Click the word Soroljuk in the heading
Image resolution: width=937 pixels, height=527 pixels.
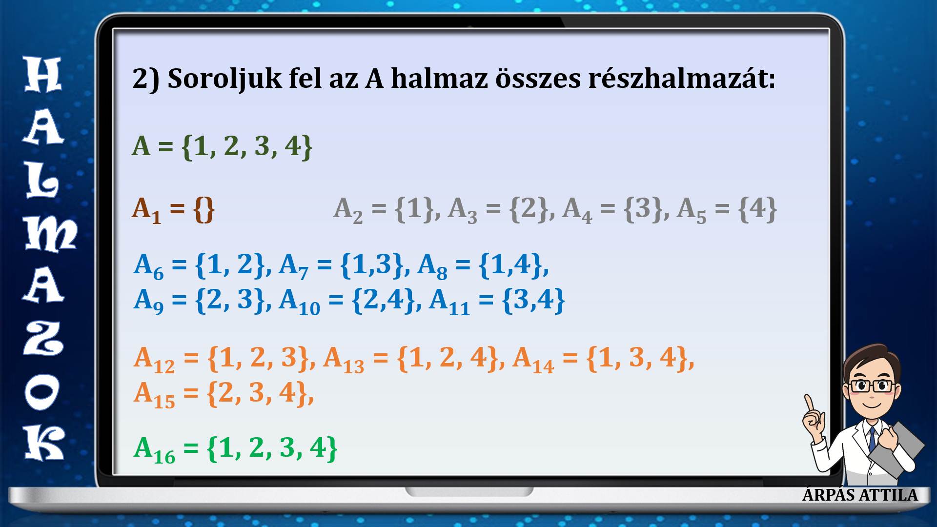click(224, 79)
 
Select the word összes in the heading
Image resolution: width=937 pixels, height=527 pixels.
click(538, 78)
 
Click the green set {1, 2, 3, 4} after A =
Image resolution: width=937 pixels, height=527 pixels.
click(247, 146)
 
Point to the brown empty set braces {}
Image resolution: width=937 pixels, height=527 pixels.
click(204, 209)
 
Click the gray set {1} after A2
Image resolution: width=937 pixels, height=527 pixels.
click(414, 208)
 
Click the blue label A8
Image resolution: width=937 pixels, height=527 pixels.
click(432, 267)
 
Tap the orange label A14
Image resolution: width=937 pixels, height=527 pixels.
click(533, 360)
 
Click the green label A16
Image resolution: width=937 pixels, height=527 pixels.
click(154, 450)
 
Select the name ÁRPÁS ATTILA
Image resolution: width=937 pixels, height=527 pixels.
click(860, 494)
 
